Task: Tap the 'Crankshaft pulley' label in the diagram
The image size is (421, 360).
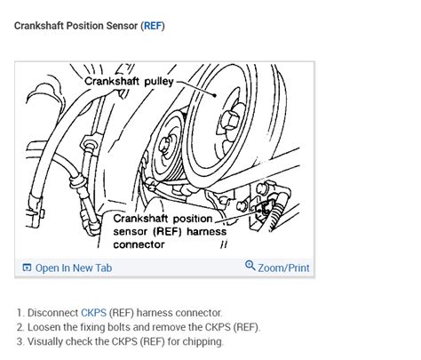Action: coord(129,81)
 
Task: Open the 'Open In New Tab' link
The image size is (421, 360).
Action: coord(73,268)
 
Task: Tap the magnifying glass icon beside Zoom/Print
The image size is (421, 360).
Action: coord(250,267)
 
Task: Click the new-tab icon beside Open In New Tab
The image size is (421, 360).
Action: coord(27,268)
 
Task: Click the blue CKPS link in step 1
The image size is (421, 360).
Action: coord(93,313)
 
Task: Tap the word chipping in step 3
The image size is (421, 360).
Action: coord(203,341)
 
